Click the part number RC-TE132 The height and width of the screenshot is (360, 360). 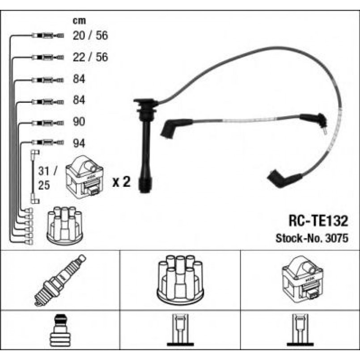tap(317, 221)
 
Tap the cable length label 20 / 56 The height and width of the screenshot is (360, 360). tap(90, 36)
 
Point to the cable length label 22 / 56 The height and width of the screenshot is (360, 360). tap(90, 57)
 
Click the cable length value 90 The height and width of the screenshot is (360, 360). tap(79, 122)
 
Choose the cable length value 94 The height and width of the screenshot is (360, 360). tap(79, 144)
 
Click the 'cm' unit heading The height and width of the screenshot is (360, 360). tap(79, 21)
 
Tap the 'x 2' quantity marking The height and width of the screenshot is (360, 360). tap(121, 182)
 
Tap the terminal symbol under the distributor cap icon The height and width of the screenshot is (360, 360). tap(180, 331)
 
